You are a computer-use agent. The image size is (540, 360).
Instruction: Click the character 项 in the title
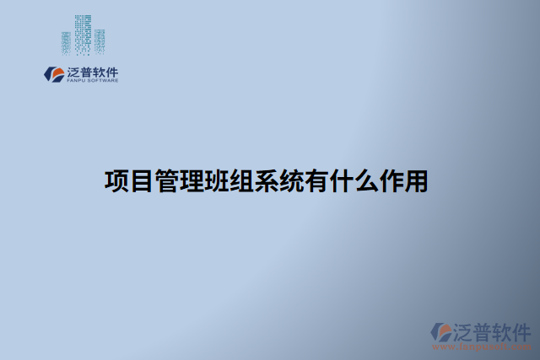tap(116, 181)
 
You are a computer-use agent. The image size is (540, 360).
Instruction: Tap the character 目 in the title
tap(141, 181)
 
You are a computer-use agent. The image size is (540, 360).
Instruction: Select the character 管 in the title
tap(166, 181)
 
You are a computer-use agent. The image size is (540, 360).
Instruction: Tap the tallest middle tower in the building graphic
tap(82, 32)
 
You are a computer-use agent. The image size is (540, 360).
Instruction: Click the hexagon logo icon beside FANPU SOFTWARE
tap(53, 74)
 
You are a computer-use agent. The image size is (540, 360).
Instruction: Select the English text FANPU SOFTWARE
tap(91, 81)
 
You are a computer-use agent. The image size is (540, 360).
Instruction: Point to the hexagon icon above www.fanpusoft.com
tap(440, 331)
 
